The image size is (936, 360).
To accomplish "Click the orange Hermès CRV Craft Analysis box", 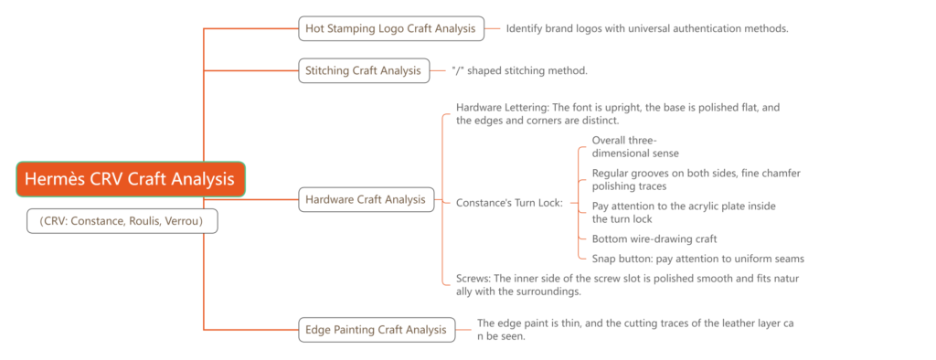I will (131, 179).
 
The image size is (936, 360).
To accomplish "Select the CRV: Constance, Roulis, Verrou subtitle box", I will (122, 220).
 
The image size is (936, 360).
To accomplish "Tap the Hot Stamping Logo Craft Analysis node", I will (390, 28).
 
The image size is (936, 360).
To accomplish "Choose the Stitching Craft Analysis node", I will (364, 70).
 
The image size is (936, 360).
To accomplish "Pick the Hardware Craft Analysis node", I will (365, 199).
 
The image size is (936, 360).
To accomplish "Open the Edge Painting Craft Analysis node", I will (377, 330).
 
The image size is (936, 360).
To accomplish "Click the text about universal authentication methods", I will (647, 28).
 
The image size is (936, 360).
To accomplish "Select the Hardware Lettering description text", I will (617, 114).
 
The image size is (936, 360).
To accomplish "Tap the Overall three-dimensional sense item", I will (636, 146).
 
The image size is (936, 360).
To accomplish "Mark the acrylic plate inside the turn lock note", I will (684, 212).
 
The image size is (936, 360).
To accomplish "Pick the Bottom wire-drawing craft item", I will (654, 238).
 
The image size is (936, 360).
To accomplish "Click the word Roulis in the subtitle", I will (141, 220).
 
